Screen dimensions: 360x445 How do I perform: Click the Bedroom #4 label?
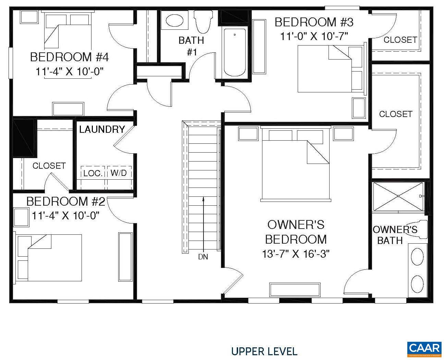point(69,57)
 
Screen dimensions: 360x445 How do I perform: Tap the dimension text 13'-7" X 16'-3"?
point(296,254)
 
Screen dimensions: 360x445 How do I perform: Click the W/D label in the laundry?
point(119,173)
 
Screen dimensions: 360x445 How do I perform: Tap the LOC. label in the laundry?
point(93,173)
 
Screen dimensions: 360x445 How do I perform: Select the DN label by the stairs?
point(203,257)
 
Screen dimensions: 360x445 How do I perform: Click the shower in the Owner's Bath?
point(398,196)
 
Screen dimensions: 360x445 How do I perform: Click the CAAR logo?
point(424,348)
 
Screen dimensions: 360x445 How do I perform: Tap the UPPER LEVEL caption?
point(264,351)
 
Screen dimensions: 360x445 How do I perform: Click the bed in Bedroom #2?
point(48,257)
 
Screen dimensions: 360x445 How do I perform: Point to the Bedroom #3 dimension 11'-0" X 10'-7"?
point(314,36)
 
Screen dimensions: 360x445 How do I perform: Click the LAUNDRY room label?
point(102,129)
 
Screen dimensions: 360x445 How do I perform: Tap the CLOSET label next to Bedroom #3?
point(400,40)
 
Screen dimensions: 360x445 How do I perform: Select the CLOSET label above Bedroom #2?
point(49,166)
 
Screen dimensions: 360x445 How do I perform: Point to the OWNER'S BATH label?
point(395,235)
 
